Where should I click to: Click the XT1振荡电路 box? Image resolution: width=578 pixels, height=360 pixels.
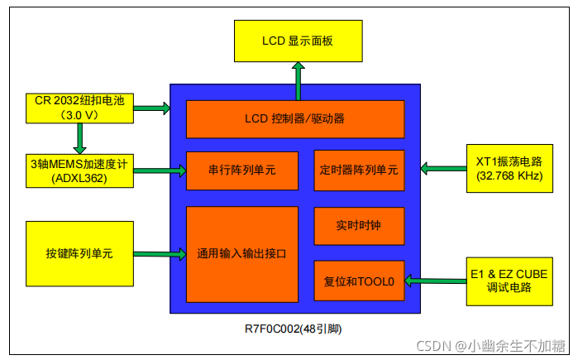coord(507,170)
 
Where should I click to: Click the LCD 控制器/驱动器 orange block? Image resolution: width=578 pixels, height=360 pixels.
coord(294,119)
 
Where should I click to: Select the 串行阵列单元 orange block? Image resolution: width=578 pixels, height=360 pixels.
coord(241,171)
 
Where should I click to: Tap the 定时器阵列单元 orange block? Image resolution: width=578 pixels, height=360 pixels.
coord(358,171)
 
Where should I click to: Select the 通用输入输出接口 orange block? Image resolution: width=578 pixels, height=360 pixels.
coord(241,254)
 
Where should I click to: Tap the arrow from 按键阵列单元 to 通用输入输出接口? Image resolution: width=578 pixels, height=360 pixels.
coord(159,253)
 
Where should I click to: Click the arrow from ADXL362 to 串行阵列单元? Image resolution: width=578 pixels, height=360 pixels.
coord(159,171)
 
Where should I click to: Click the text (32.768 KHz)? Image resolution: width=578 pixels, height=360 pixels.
coord(507,177)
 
